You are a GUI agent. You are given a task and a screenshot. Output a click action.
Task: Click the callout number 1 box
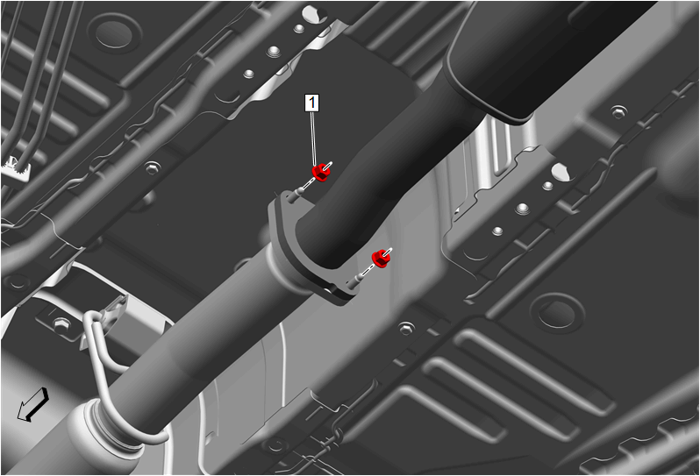(312, 103)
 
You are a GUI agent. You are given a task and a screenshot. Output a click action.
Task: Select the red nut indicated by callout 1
(320, 172)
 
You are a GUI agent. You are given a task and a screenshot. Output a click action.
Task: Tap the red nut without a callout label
(380, 259)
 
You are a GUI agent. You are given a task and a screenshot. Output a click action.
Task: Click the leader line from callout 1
(314, 139)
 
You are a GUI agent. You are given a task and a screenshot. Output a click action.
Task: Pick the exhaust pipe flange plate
(308, 250)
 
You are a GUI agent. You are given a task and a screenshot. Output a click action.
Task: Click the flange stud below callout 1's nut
(296, 195)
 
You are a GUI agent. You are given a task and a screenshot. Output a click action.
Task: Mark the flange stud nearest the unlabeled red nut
(356, 281)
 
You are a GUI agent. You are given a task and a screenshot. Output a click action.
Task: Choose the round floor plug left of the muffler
(115, 33)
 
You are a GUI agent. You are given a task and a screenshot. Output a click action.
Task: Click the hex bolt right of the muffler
(618, 111)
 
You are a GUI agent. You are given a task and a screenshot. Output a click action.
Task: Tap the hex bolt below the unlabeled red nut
(405, 329)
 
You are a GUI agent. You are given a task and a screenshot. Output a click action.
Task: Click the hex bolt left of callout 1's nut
(153, 168)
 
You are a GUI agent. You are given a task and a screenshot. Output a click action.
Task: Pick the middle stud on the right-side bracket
(522, 208)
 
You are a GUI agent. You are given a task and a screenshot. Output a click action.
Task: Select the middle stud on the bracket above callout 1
(273, 53)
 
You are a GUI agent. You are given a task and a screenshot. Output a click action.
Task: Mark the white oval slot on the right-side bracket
(561, 172)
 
